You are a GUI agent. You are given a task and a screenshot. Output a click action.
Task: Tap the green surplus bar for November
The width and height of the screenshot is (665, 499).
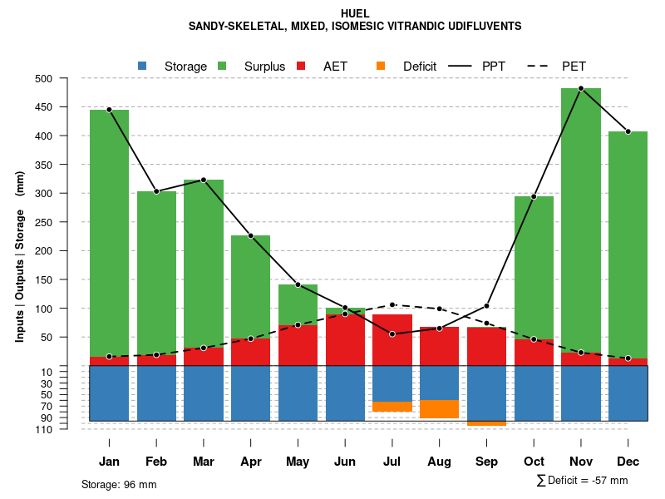[x=581, y=216]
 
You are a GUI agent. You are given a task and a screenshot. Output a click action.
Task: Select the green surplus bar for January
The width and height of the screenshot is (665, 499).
[x=109, y=233]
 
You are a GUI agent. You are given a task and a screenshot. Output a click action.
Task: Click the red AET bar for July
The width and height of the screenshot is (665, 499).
[x=392, y=339]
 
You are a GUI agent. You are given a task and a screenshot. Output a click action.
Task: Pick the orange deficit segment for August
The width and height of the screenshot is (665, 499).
[x=439, y=409]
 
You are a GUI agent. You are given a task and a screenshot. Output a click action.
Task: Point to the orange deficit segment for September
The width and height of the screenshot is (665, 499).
[x=486, y=423]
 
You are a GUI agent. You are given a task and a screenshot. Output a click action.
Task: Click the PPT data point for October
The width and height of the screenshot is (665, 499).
[x=534, y=196]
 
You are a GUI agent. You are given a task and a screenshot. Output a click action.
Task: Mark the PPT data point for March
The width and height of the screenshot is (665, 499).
[x=204, y=180]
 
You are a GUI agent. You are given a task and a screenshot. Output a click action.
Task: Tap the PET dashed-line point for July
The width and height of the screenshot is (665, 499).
[x=392, y=304]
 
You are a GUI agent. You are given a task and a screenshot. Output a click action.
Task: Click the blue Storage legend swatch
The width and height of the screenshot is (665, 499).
[x=142, y=66]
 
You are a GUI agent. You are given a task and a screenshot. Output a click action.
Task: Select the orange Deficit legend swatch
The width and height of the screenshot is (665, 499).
[x=381, y=66]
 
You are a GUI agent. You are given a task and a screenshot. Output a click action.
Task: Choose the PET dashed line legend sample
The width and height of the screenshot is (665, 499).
[x=541, y=66]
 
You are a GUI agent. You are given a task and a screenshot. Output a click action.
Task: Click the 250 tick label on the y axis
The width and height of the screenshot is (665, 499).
[x=65, y=222]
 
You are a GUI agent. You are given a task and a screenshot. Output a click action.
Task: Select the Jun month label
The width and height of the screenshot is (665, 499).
[x=345, y=462]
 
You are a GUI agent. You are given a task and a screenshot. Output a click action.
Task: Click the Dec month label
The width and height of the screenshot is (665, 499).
[x=628, y=462]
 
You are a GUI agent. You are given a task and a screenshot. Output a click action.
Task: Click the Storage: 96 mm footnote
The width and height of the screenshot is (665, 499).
[x=119, y=484]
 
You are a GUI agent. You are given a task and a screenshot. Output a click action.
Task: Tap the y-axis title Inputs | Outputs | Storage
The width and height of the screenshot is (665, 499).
[x=20, y=256]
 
